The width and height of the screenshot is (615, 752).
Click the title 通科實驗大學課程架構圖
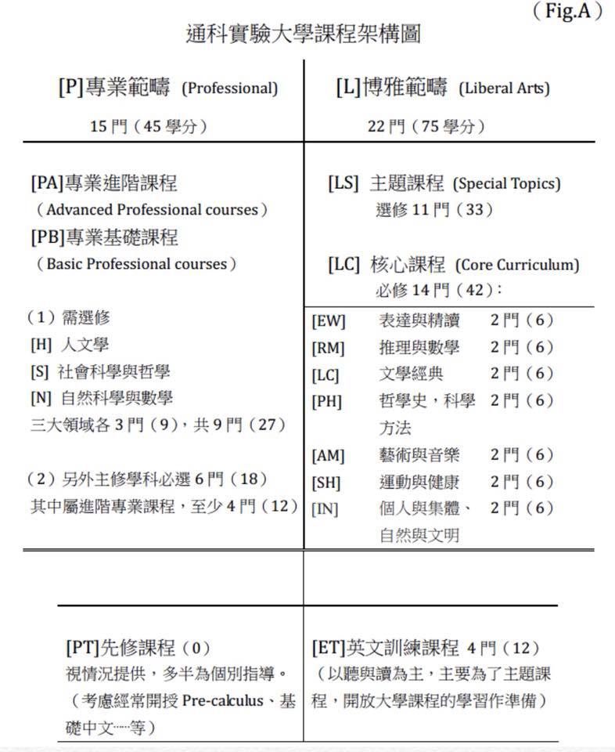point(306,35)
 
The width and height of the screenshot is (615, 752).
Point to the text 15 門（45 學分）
point(149,126)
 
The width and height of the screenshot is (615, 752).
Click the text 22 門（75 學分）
point(427,126)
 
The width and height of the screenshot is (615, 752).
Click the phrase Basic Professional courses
point(136,264)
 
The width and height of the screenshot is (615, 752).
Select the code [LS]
point(343,184)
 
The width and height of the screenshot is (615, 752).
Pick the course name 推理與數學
point(419,347)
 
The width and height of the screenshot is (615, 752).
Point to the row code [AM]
point(328,455)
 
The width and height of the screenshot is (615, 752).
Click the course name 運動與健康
point(419,482)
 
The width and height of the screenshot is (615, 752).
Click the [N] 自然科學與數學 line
point(101,397)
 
